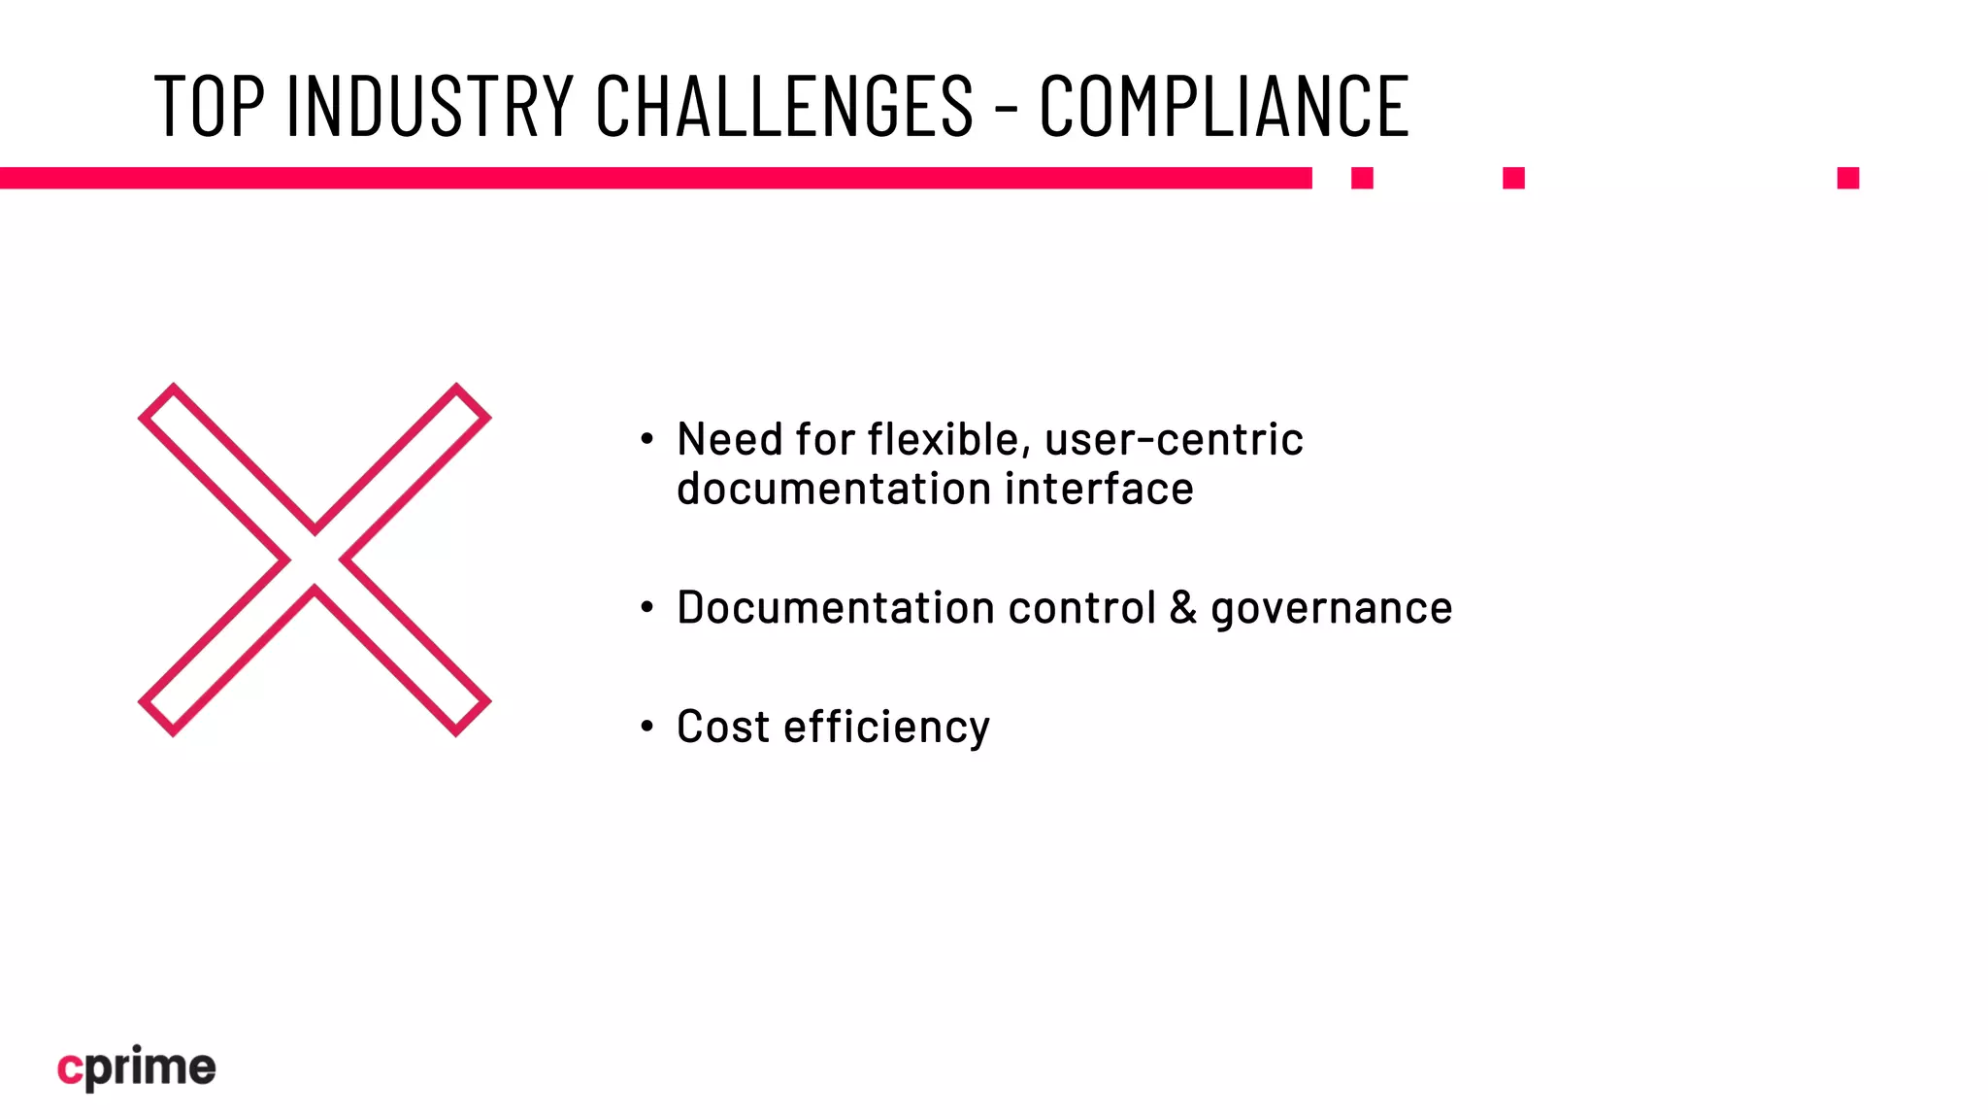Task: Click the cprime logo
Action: tap(136, 1068)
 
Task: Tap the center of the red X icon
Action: tap(315, 559)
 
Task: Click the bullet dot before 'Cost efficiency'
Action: tap(647, 727)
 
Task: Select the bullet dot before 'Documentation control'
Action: tap(647, 608)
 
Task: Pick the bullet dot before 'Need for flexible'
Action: tap(647, 440)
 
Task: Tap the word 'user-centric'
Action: tap(1174, 440)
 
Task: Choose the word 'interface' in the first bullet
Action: tap(1099, 489)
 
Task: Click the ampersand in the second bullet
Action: tap(1183, 608)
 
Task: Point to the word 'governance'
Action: tap(1331, 610)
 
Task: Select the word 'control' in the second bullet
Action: tap(1082, 608)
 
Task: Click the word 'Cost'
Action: tap(722, 727)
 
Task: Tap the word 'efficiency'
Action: tap(886, 729)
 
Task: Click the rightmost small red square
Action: tap(1847, 178)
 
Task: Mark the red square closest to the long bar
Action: tap(1362, 178)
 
